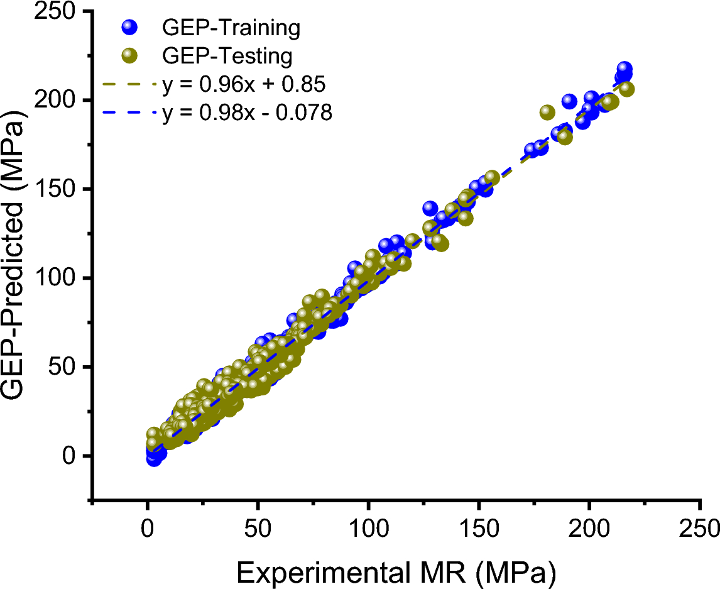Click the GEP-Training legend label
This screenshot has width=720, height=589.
point(231,28)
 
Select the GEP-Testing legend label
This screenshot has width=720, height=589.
point(227,57)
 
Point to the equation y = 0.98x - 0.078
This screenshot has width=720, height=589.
point(246,113)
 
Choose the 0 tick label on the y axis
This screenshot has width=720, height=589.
point(73,456)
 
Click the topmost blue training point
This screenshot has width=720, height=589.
point(625,69)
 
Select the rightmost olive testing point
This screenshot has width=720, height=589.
point(627,89)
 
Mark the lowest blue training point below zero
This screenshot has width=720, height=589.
point(154,460)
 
